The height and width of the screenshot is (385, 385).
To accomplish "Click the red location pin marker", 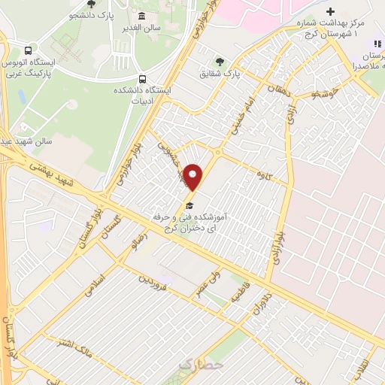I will tap(193, 177).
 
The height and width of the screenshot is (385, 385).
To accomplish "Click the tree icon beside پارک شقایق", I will tap(220, 62).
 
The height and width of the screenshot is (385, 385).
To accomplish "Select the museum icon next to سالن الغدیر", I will tap(142, 17).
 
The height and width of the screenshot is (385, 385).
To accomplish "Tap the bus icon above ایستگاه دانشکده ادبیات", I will tap(142, 78).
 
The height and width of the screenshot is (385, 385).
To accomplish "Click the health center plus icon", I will tap(331, 12).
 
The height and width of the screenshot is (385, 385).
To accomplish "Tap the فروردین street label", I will tap(155, 283).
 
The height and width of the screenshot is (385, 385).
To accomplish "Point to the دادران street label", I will tap(260, 311).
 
